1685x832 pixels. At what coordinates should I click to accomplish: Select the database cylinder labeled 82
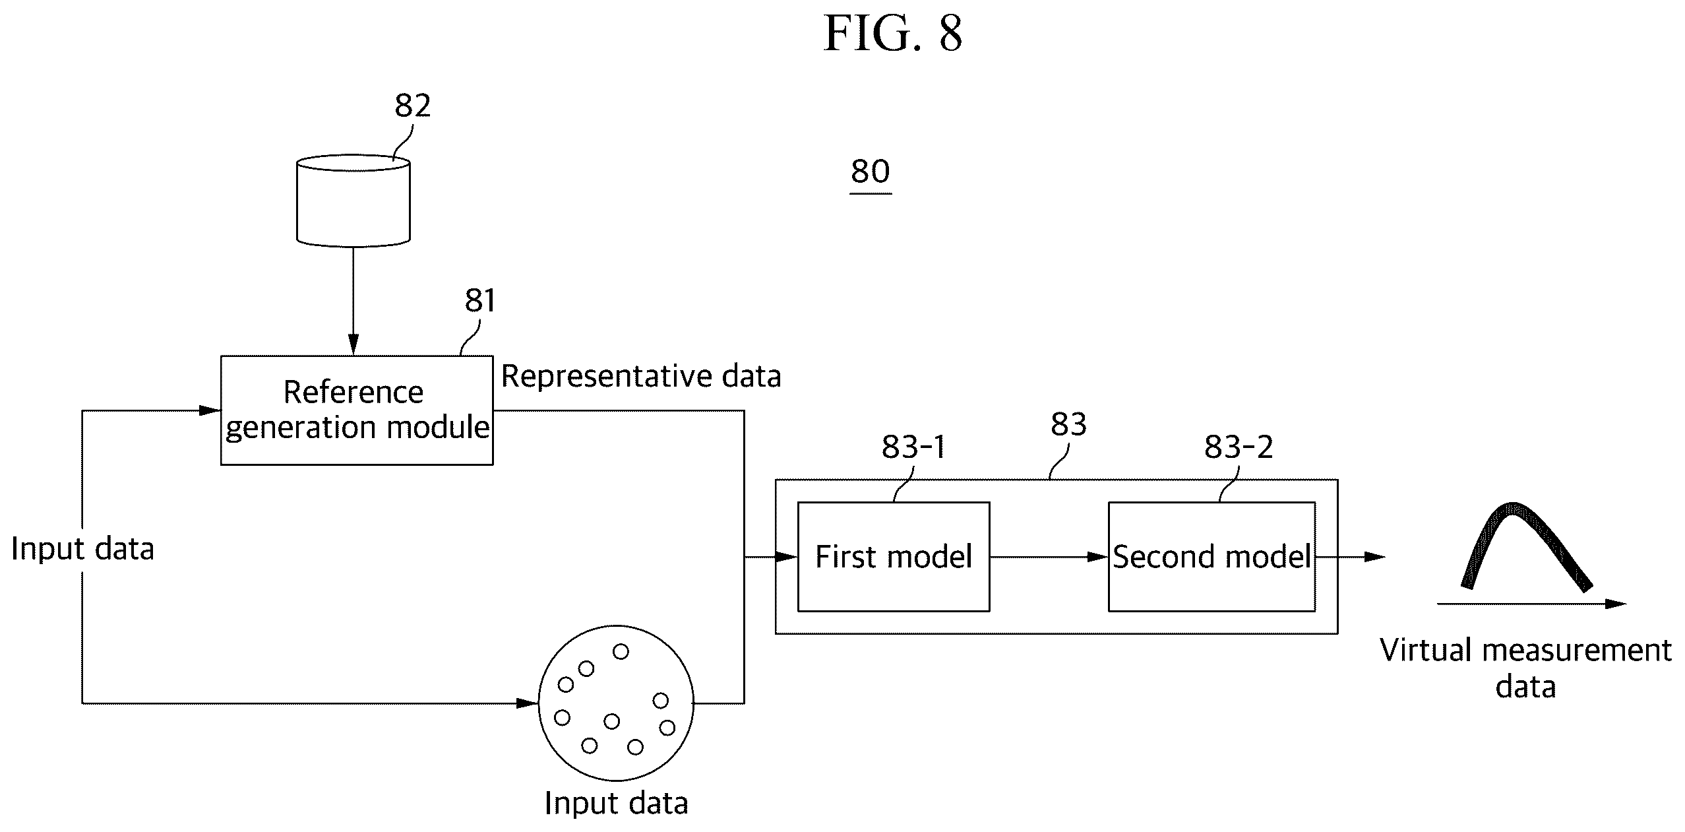[x=353, y=201]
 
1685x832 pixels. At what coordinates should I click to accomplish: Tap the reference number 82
[x=413, y=106]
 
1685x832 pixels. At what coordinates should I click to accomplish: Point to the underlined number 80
[x=871, y=172]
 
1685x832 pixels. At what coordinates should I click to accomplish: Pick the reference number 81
[x=480, y=301]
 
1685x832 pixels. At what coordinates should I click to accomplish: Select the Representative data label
[x=641, y=377]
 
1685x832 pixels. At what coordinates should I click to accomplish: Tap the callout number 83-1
[x=913, y=447]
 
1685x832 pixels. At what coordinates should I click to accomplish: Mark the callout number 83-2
[x=1239, y=447]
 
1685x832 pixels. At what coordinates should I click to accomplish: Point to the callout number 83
[x=1068, y=424]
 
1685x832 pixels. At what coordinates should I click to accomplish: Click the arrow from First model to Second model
[x=1049, y=557]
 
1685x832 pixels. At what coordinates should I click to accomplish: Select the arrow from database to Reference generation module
[x=353, y=302]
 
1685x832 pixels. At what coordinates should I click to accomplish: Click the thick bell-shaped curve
[x=1526, y=546]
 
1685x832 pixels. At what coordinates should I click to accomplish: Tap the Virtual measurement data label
[x=1525, y=668]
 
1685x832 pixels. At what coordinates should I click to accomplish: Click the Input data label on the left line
[x=82, y=549]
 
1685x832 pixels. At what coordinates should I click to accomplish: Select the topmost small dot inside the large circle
[x=621, y=652]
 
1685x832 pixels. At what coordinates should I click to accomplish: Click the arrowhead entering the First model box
[x=786, y=557]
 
